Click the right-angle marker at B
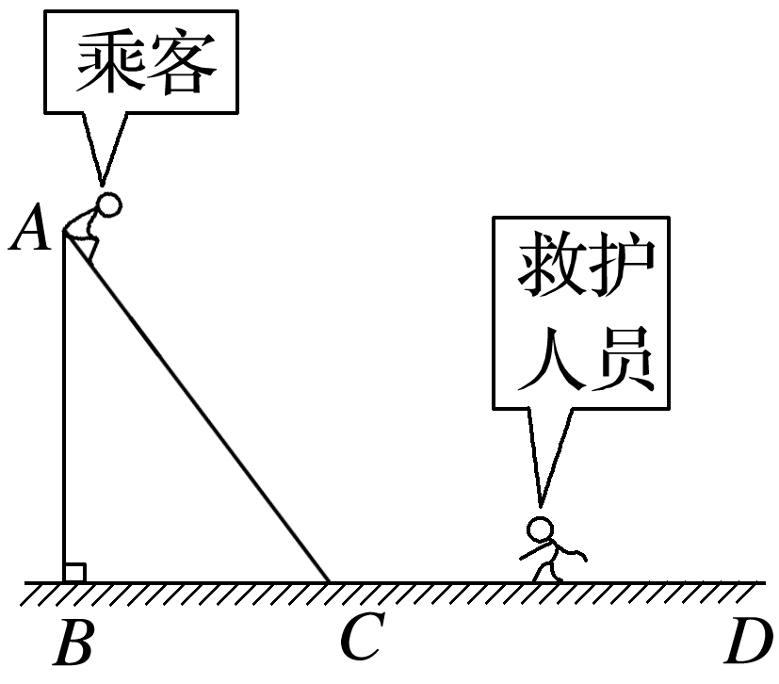coord(74,572)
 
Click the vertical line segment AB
coord(63,405)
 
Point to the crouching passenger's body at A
coord(87,232)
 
